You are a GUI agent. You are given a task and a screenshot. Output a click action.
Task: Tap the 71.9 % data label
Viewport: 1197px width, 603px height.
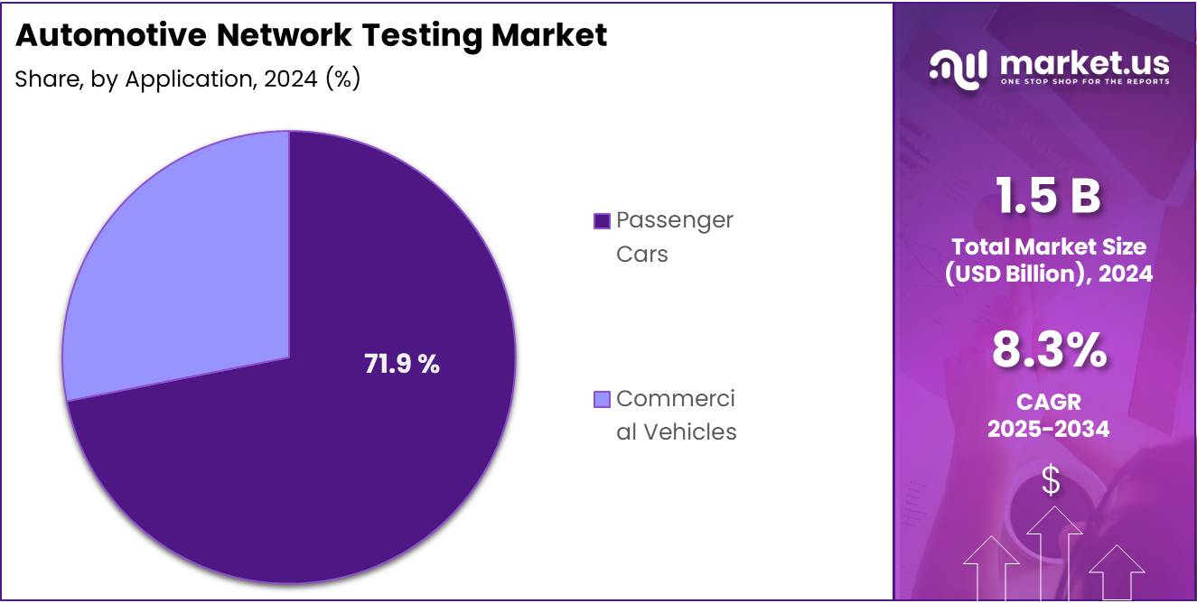click(x=402, y=365)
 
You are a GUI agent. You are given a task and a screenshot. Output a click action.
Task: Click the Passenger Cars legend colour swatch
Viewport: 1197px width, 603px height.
click(x=602, y=220)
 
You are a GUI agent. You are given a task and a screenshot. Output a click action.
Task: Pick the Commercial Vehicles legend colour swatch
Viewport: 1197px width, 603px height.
click(x=602, y=399)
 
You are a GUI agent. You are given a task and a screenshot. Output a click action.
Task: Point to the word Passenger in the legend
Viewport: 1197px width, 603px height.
click(x=675, y=220)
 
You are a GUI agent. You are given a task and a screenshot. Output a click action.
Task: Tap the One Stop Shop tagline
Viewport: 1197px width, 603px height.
click(x=1084, y=82)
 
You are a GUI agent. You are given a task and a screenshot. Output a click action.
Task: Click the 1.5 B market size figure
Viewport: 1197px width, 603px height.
click(x=1048, y=196)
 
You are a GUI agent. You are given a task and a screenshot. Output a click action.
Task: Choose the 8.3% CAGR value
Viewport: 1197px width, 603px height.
click(x=1048, y=350)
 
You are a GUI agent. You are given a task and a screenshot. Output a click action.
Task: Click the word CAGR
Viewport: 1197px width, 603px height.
click(x=1048, y=401)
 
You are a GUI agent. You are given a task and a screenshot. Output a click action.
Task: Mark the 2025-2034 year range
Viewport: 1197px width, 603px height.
click(x=1048, y=429)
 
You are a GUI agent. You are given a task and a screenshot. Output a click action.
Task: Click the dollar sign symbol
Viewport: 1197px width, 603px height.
click(x=1050, y=480)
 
